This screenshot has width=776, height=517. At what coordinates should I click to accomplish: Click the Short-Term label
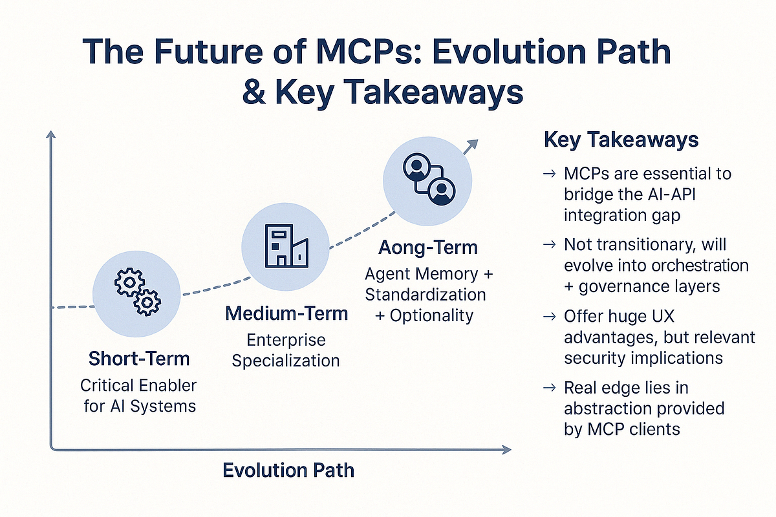tap(138, 358)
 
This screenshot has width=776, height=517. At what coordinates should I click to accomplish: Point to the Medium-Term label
tap(286, 314)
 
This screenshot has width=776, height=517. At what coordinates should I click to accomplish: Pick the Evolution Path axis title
tap(288, 470)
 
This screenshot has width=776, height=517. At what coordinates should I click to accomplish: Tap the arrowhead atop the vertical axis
tap(51, 134)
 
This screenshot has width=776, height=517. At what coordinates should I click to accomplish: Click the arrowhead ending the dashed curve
tap(473, 145)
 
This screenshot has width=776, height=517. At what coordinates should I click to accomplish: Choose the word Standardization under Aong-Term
tap(426, 295)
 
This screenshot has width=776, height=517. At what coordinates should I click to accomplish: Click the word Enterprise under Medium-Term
tap(286, 339)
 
